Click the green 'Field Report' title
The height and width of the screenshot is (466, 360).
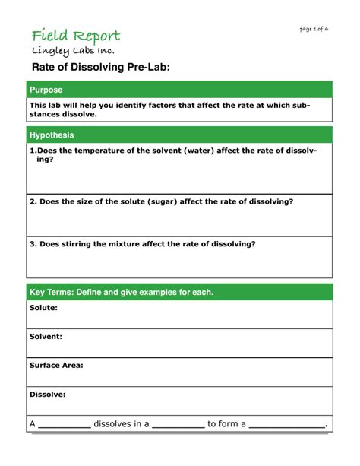[75, 36]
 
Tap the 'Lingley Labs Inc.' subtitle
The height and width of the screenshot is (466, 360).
[73, 51]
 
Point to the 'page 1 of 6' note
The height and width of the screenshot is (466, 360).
[314, 29]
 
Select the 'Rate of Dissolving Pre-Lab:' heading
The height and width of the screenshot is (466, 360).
[100, 69]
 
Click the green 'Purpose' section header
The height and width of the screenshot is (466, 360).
[46, 90]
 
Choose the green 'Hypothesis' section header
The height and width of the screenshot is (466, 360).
[52, 135]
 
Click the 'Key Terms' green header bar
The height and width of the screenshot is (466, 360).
[122, 292]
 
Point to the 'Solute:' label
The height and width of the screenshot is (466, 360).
[43, 308]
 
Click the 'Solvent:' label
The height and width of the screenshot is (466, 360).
[46, 336]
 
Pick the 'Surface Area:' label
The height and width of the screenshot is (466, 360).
[56, 365]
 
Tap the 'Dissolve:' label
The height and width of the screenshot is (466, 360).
[47, 395]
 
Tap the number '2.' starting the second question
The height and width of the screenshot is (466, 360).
[33, 201]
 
